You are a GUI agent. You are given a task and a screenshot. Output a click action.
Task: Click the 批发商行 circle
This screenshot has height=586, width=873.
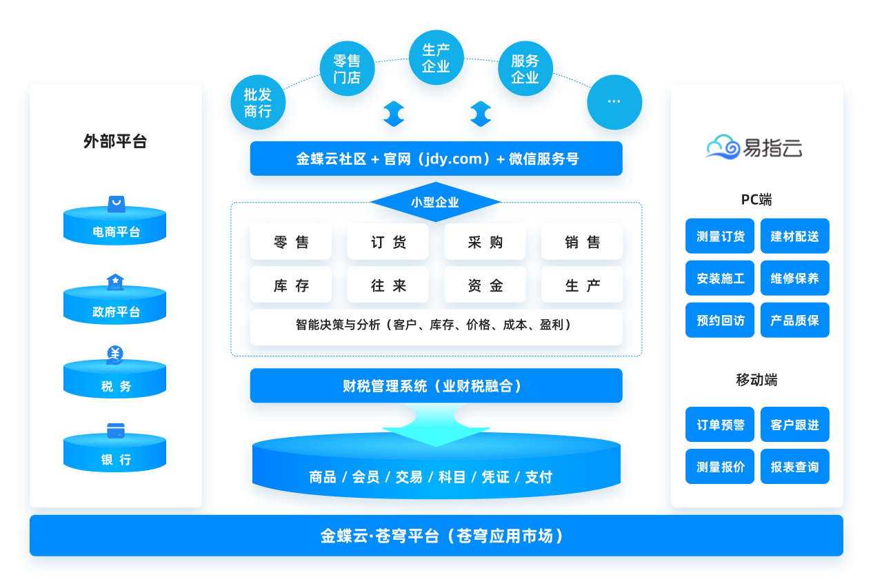[x=258, y=103]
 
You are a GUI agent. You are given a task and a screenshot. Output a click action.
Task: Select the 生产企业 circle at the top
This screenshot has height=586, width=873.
[x=436, y=58]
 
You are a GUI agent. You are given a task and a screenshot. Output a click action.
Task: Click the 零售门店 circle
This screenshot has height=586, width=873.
[x=347, y=69]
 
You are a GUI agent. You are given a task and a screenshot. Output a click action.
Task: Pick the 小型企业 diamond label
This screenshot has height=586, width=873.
[x=435, y=203]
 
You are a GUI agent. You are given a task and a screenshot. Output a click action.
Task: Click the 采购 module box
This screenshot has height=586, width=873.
[x=485, y=242]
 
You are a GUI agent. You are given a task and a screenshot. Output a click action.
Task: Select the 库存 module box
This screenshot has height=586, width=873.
[x=291, y=285]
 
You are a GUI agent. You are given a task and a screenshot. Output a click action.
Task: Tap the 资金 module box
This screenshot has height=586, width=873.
[x=485, y=285]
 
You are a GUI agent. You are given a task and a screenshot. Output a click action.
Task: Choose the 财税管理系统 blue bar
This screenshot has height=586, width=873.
[x=436, y=385]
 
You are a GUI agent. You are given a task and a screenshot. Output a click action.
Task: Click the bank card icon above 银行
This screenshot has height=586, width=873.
[x=115, y=430]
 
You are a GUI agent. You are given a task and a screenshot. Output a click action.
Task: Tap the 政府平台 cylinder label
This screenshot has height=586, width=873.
[x=115, y=312]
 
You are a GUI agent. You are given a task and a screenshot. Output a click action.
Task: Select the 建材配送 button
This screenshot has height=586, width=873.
[x=794, y=236]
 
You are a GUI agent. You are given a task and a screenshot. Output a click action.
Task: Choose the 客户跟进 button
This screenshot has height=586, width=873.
[x=794, y=425]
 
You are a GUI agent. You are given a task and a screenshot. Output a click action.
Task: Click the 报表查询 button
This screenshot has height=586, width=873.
[x=794, y=467]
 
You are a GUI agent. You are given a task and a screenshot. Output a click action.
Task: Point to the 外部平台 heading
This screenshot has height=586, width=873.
[x=115, y=142]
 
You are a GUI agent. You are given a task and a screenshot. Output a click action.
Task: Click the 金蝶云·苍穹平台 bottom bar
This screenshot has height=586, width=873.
[x=436, y=536]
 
